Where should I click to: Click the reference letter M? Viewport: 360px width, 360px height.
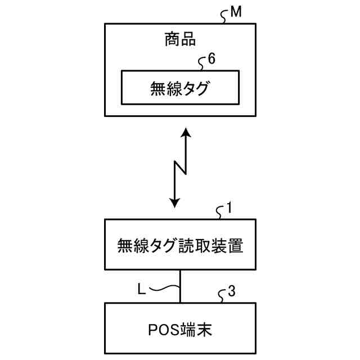tap(236, 12)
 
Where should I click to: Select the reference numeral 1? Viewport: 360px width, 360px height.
tap(229, 209)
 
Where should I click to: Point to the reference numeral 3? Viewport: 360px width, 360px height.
tap(232, 291)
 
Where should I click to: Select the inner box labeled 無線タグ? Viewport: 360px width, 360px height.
tap(180, 88)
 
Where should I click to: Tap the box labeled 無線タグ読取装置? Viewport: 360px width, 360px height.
tap(180, 245)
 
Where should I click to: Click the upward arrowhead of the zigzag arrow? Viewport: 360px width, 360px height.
tap(185, 134)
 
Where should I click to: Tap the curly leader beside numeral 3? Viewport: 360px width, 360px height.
tap(222, 295)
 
